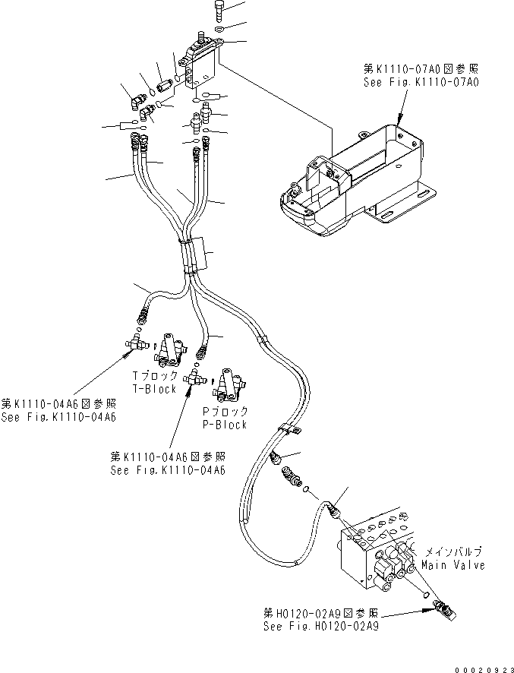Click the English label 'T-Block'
point(154,389)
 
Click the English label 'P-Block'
point(224,425)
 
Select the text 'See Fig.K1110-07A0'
point(420,82)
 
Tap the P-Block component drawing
point(229,386)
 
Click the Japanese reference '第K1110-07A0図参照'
point(420,69)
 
